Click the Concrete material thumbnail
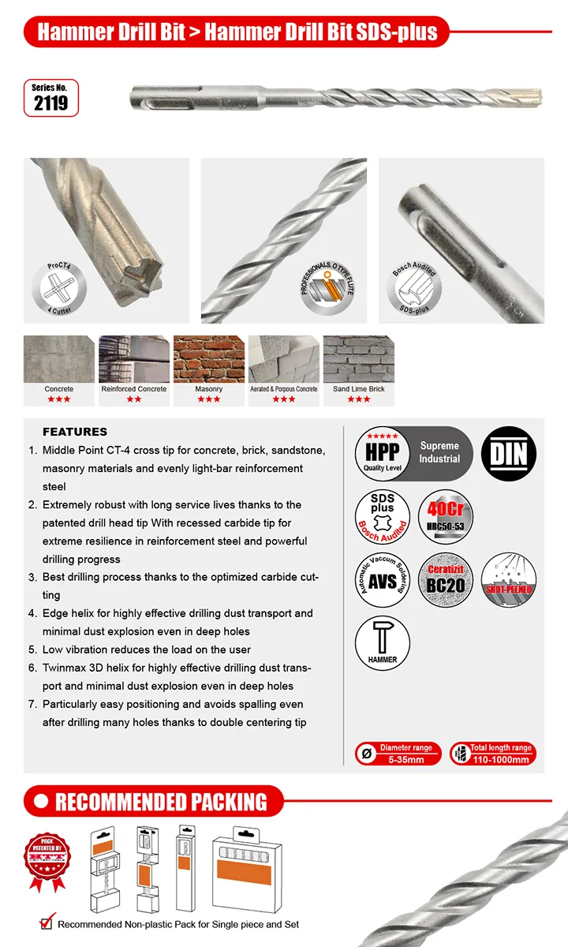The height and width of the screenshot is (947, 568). (x=58, y=360)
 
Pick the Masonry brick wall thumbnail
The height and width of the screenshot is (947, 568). (x=208, y=360)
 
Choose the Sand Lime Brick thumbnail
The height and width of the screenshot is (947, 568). (x=358, y=360)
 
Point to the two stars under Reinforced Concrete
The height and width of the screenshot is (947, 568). (x=133, y=399)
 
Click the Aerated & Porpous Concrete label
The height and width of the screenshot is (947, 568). (x=283, y=389)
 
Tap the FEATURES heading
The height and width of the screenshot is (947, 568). (x=75, y=432)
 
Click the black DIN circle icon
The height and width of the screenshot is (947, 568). (x=508, y=453)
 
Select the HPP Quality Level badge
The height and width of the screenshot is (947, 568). (x=383, y=453)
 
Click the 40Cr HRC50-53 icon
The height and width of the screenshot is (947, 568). (x=445, y=517)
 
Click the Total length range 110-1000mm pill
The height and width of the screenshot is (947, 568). (x=493, y=754)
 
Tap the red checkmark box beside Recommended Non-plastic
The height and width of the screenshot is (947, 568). (x=47, y=923)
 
